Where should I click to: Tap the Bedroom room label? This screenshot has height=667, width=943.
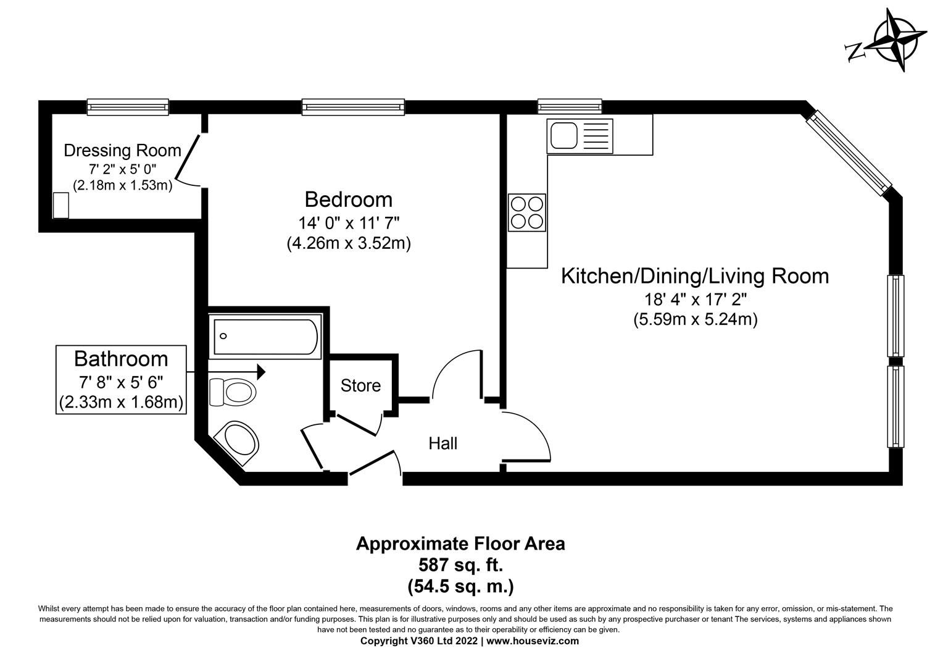[x=348, y=199]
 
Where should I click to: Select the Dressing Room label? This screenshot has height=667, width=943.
[x=122, y=150]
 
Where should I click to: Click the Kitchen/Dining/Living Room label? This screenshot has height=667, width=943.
[x=694, y=275]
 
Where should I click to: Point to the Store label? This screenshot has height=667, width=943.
[x=360, y=385]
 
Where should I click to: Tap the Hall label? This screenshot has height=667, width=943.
[x=442, y=443]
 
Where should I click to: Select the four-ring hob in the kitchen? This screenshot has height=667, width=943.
[x=526, y=212]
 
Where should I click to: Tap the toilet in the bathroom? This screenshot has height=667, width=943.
[x=233, y=392]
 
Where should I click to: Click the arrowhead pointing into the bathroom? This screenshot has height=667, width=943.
[x=261, y=372]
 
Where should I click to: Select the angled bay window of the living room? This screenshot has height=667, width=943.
[x=851, y=151]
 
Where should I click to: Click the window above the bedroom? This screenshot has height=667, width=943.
[x=353, y=107]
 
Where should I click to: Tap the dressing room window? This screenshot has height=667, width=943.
[x=128, y=107]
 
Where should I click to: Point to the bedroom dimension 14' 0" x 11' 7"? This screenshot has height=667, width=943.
[x=348, y=222]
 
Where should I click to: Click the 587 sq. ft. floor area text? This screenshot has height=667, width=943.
[x=460, y=564]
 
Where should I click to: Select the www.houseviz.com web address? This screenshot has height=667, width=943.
[x=533, y=641]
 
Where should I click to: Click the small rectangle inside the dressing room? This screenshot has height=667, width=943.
[x=60, y=205]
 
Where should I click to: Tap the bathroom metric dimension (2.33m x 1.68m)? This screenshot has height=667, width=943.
[x=121, y=403]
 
